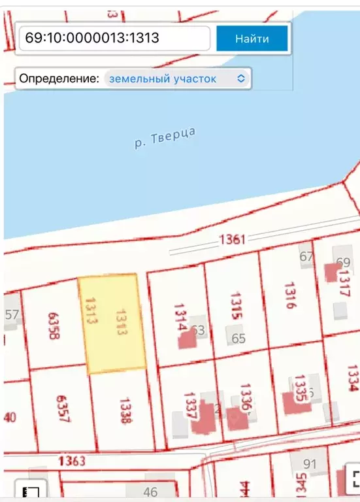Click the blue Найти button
[252, 39]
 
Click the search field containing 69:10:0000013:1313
[114, 39]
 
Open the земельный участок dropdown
[177, 78]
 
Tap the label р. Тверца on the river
[165, 139]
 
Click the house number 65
[238, 338]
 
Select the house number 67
[306, 256]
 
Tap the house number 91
[310, 465]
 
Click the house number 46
[150, 492]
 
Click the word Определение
[59, 78]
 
